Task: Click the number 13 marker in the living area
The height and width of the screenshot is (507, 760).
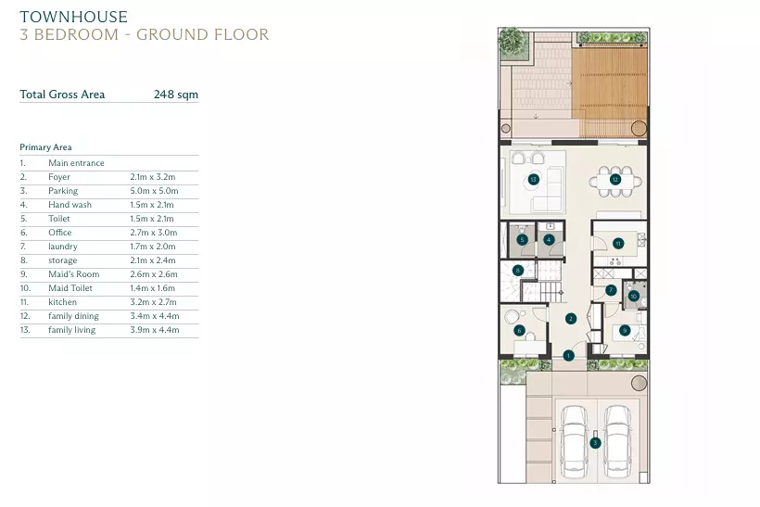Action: [533, 179]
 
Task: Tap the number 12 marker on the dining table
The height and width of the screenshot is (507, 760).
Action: [615, 179]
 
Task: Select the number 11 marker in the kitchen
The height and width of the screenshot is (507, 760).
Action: [618, 244]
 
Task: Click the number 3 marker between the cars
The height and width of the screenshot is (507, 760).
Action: [595, 442]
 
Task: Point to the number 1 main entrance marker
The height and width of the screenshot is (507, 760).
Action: [568, 356]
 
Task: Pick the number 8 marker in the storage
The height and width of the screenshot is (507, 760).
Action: [518, 271]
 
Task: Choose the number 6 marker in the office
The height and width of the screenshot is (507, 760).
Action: [519, 331]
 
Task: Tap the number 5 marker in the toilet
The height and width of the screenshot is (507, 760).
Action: [522, 239]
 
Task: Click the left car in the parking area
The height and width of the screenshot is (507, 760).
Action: [575, 442]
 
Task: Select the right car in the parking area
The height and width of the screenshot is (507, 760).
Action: [617, 442]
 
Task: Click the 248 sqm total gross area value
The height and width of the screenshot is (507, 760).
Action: [176, 95]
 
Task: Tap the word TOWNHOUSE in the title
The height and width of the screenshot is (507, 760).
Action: [73, 17]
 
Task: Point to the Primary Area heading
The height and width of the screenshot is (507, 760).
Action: [45, 147]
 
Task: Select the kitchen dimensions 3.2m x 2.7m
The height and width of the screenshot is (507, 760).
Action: [153, 302]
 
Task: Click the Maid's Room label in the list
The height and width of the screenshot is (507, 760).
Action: [73, 274]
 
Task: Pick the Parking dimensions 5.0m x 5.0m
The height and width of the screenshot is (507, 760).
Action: [154, 191]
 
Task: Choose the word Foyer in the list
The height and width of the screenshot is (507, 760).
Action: [59, 177]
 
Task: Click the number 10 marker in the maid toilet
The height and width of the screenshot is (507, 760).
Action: [633, 297]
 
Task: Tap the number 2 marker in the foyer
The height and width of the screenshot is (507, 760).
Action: [571, 319]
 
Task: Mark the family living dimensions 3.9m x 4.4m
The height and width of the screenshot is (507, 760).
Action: [155, 330]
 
